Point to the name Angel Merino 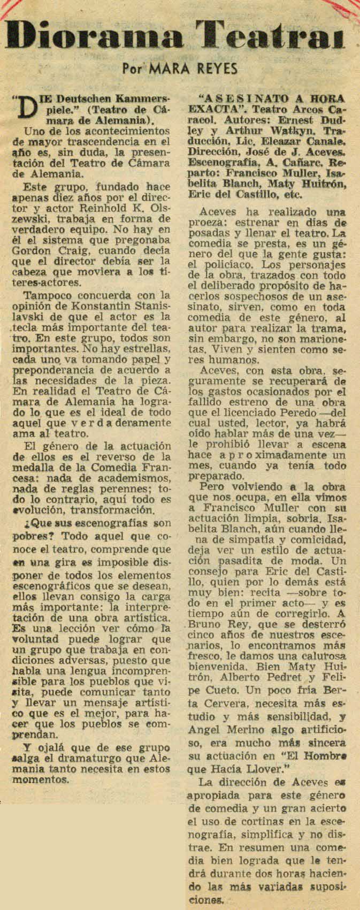(220, 730)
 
